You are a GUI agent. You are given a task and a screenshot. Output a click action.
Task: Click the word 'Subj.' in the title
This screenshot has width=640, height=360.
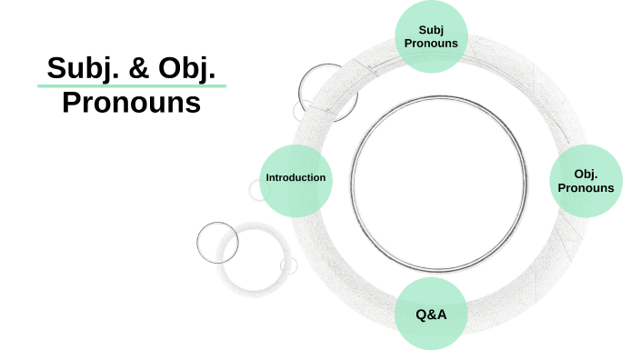click(76, 69)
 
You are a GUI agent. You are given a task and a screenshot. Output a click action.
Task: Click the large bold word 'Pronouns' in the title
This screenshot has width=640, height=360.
click(131, 102)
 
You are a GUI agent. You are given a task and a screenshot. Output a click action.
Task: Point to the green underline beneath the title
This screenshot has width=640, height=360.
click(131, 85)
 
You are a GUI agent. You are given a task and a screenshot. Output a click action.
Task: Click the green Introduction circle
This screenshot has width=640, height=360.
click(295, 178)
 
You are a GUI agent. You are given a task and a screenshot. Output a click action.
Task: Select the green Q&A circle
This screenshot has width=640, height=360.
click(430, 315)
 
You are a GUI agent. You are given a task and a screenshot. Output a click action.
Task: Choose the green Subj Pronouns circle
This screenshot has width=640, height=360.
click(431, 36)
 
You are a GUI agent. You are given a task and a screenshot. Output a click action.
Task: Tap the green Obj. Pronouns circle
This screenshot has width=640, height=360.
click(585, 181)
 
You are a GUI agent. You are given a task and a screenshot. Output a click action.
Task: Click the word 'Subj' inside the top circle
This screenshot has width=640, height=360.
click(431, 30)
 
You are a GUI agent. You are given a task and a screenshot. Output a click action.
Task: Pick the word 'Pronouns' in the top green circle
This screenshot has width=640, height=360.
click(431, 44)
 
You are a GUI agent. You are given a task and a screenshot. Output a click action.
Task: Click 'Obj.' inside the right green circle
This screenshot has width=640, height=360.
click(585, 174)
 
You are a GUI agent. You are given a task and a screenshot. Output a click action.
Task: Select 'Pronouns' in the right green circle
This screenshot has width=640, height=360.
click(585, 188)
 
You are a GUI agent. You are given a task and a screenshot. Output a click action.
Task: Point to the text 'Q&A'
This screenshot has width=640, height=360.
click(430, 315)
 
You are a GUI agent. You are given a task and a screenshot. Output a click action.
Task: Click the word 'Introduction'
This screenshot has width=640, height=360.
click(295, 177)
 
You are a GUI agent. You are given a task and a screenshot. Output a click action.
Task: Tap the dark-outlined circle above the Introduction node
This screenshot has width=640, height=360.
click(323, 88)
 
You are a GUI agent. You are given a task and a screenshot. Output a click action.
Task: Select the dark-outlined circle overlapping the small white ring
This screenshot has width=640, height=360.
click(218, 242)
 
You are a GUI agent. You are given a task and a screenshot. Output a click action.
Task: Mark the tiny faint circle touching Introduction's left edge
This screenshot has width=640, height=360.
click(259, 189)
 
